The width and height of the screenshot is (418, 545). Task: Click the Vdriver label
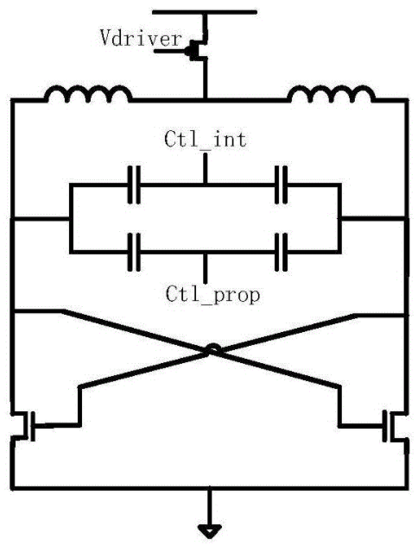click(x=142, y=38)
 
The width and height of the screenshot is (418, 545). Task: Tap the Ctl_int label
click(x=206, y=139)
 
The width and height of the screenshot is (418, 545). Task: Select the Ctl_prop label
click(x=212, y=295)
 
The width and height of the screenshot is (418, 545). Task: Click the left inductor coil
click(x=88, y=94)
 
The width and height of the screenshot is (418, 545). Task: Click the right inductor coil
click(x=332, y=94)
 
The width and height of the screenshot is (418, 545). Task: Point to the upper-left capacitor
click(x=134, y=185)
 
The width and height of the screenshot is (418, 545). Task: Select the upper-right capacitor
click(x=281, y=185)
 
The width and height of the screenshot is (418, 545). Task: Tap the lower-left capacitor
click(x=134, y=252)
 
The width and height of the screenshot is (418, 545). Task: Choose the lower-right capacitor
click(x=281, y=252)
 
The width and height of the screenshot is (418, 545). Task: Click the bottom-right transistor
click(x=391, y=425)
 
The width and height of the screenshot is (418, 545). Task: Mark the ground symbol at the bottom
click(x=210, y=530)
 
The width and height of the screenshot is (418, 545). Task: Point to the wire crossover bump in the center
click(x=212, y=348)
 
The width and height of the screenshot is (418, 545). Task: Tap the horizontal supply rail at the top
click(x=205, y=12)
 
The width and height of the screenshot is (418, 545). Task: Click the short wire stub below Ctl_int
click(x=206, y=168)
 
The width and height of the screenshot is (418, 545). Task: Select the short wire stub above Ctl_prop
click(x=206, y=268)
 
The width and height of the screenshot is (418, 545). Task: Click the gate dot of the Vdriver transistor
click(x=188, y=52)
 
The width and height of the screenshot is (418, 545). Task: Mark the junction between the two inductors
click(x=206, y=100)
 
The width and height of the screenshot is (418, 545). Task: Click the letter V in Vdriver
click(x=105, y=38)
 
